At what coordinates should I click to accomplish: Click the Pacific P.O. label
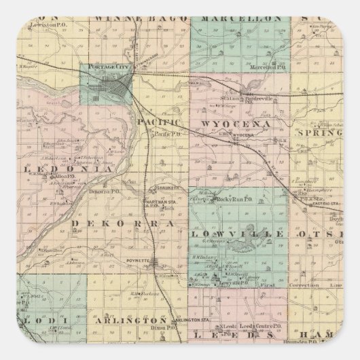pos(166,134)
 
